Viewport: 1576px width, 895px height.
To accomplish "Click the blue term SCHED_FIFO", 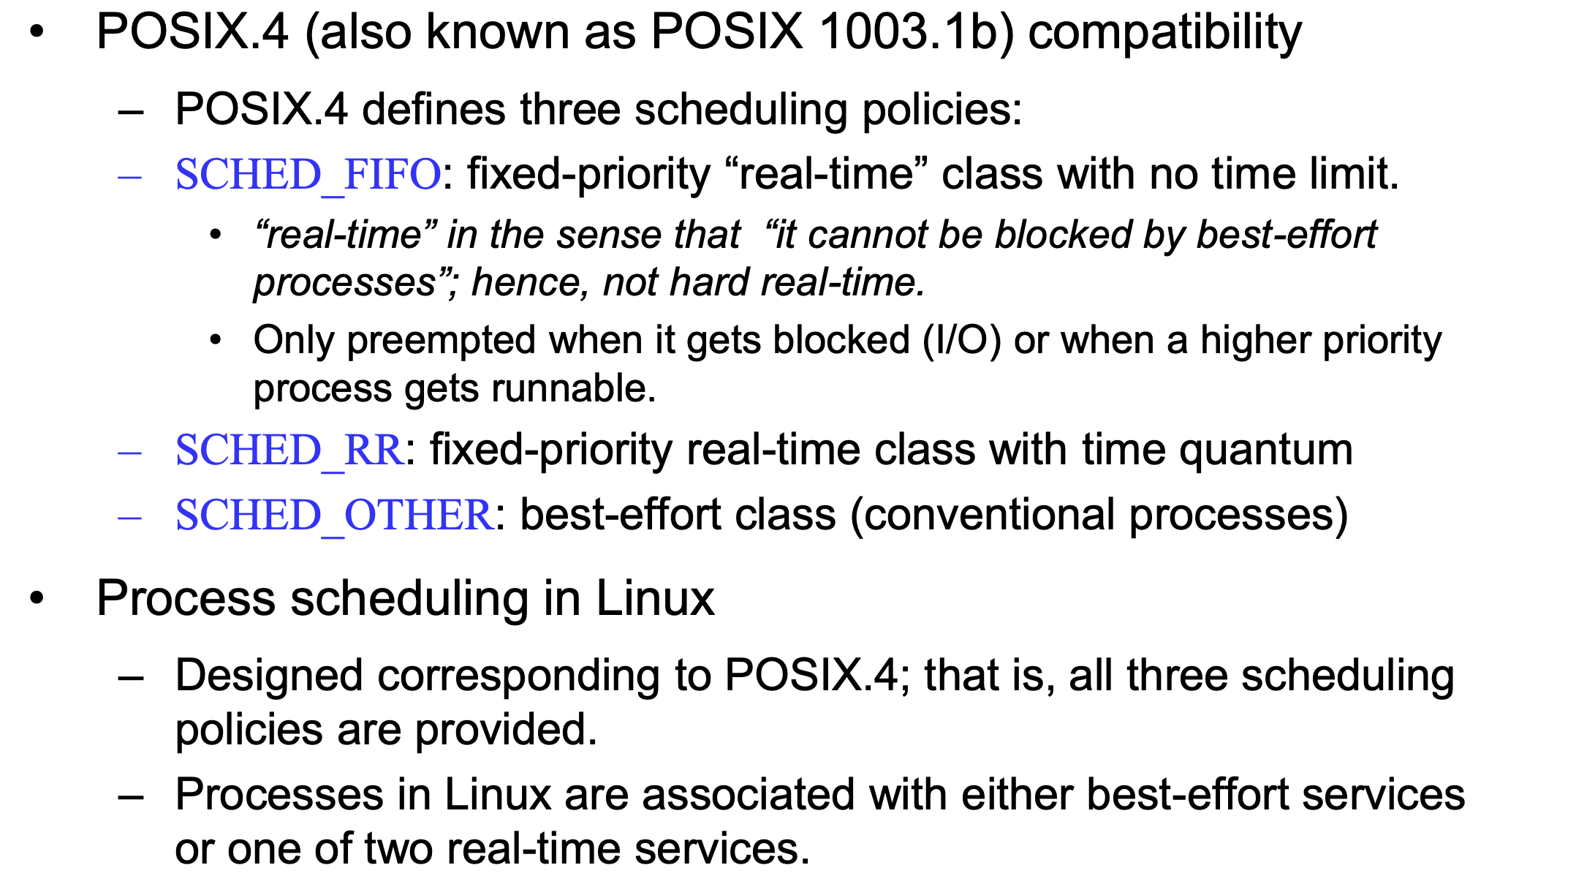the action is point(308,175).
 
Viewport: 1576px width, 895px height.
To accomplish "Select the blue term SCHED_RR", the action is point(289,450).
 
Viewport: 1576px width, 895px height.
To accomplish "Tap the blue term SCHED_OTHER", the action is point(335,516).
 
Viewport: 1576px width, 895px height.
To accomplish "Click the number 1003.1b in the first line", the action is point(905,32).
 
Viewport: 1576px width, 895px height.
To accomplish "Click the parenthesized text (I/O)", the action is point(961,341).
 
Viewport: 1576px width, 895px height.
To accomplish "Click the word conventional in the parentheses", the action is point(989,516).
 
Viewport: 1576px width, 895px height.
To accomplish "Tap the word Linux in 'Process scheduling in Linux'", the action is point(655,599).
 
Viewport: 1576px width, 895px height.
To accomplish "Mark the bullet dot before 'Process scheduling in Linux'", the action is point(37,599).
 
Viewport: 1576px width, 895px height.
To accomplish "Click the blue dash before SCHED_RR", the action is point(129,453).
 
